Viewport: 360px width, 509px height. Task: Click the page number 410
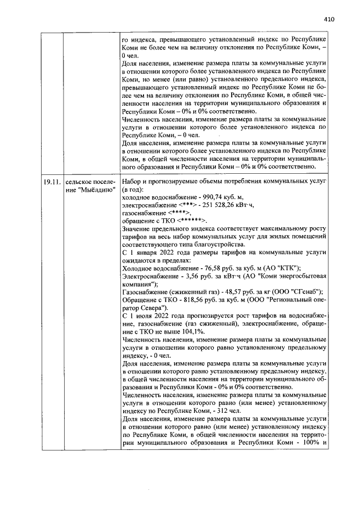(329, 19)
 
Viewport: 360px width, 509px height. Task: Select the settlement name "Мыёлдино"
(90, 191)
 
